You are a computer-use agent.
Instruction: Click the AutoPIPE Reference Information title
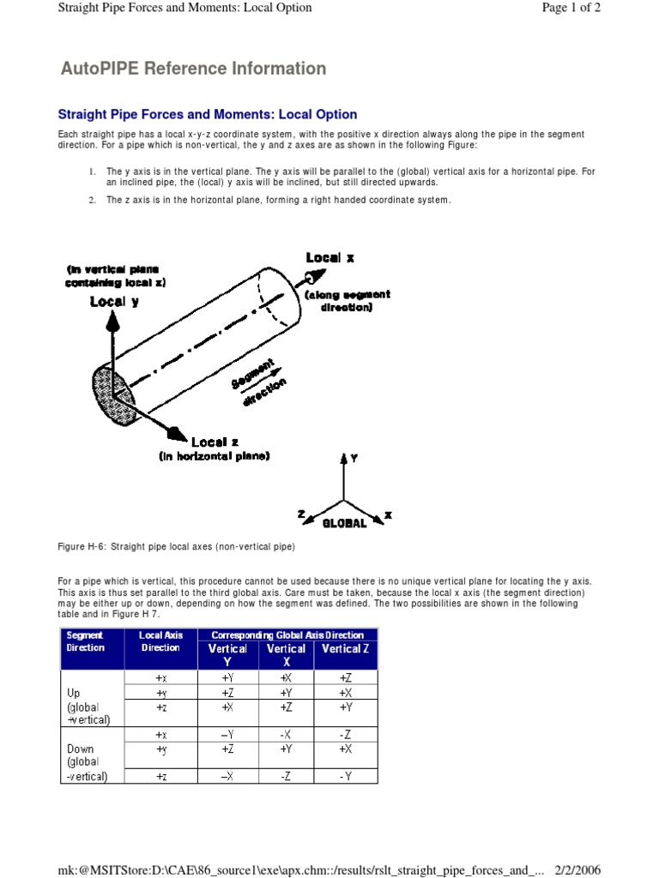pos(193,69)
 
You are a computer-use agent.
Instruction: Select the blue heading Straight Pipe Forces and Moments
pos(207,114)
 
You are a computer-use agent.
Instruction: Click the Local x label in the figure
pos(330,257)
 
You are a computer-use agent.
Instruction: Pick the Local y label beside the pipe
pos(114,301)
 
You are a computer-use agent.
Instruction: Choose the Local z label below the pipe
pos(209,442)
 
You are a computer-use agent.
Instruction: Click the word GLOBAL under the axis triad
pos(344,522)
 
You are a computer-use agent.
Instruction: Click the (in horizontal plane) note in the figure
pos(214,456)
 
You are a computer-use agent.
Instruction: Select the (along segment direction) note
pos(347,300)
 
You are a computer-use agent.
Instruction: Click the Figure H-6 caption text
pos(176,546)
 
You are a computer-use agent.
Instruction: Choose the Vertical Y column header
pos(227,654)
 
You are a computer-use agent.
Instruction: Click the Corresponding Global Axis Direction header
pos(287,635)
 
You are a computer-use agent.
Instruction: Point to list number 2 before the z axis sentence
pos(91,200)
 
